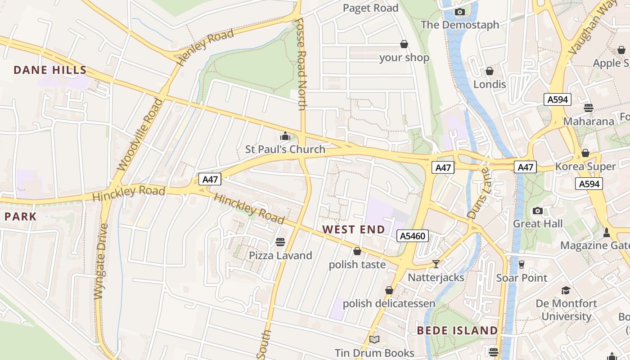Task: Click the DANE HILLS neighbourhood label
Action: [50, 70]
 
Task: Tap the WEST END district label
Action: [354, 229]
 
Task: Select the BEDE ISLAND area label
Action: [457, 331]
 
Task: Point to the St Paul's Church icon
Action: [285, 136]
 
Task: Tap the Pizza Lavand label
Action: [280, 256]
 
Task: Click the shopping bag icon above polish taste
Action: [357, 251]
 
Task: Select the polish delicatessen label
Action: [389, 303]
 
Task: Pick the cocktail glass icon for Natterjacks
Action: [436, 264]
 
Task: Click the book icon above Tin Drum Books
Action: [374, 339]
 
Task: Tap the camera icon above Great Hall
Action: [537, 211]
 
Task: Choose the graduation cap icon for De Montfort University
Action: [566, 290]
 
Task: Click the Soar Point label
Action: [522, 278]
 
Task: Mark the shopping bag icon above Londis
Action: [490, 71]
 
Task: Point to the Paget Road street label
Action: [370, 8]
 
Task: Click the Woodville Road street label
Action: [140, 135]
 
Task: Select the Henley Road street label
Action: [206, 47]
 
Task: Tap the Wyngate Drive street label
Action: [102, 261]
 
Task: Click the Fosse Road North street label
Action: [301, 63]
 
